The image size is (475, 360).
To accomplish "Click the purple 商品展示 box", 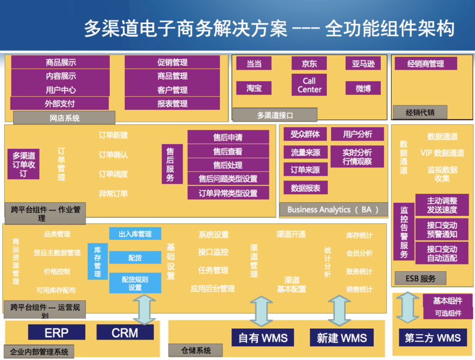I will (60, 62).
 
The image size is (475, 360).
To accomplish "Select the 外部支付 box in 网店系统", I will (60, 103).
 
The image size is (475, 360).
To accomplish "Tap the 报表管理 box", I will (172, 103).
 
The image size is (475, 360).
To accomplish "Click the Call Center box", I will (309, 85).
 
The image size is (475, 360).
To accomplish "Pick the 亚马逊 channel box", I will (362, 64).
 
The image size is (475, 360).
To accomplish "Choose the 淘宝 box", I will (254, 88).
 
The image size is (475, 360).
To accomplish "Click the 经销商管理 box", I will (425, 64).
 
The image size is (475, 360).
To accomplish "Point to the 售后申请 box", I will (228, 137).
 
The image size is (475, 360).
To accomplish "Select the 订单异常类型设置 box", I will (228, 193).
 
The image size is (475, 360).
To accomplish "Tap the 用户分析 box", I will (357, 134).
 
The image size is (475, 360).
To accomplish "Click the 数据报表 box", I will (305, 188).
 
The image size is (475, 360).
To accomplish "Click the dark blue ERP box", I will (56, 332).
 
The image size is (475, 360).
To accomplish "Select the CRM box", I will (125, 332).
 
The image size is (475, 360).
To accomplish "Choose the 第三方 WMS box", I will (432, 337).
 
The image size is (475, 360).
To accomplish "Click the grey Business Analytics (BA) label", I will (329, 209).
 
